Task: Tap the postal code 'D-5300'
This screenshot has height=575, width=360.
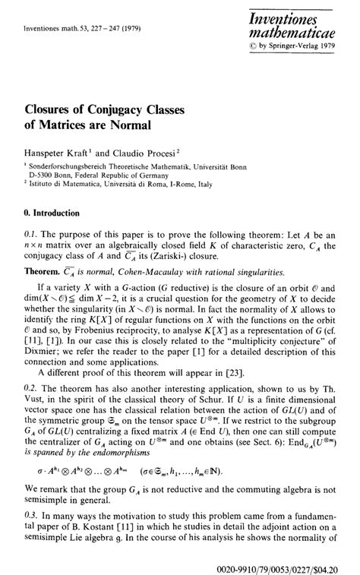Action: (39, 174)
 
